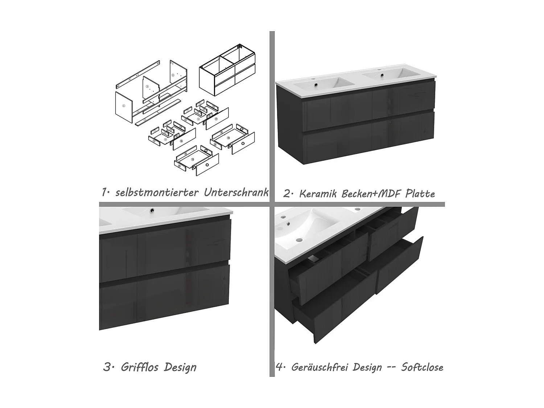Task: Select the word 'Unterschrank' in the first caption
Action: [236, 192]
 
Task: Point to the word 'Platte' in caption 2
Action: [420, 194]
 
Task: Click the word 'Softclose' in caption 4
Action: [422, 367]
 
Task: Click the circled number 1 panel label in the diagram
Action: [123, 106]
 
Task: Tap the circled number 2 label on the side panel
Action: [173, 75]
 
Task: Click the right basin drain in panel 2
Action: [382, 75]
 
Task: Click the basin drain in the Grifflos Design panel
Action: [151, 209]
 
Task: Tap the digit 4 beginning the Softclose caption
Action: [279, 367]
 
